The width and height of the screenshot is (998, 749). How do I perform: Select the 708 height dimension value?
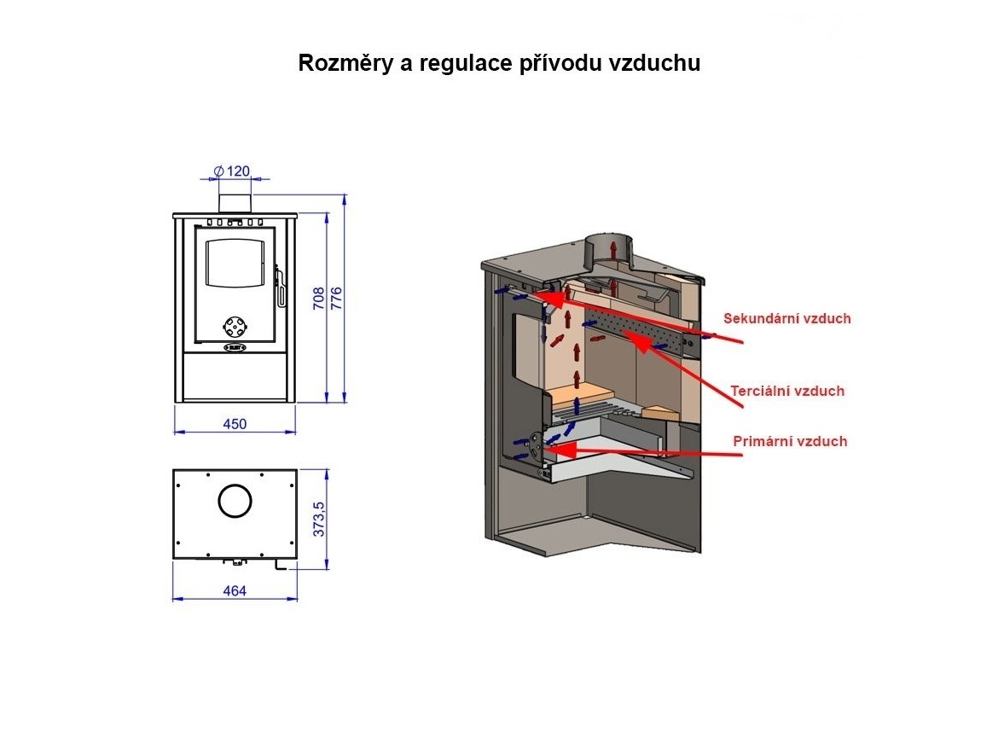pos(318,298)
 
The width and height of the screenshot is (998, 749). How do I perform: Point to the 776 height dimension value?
pos(336,298)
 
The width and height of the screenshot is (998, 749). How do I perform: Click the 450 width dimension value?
pos(235,424)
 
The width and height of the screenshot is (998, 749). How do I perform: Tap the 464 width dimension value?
pos(235,591)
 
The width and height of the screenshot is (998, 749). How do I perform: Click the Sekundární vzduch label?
pos(786,319)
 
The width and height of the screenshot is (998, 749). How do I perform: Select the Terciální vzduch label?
pos(786,392)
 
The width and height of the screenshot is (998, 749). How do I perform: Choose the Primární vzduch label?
pos(790,441)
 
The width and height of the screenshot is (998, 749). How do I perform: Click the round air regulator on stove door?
pos(234,327)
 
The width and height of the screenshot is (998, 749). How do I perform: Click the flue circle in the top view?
pos(235,501)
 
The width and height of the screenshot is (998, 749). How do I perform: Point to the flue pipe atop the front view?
pos(235,203)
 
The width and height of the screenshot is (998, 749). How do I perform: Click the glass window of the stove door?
pos(234,262)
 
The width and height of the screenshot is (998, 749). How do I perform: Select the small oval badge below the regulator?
pos(235,348)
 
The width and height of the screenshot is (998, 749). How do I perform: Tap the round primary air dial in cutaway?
pos(535,442)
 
